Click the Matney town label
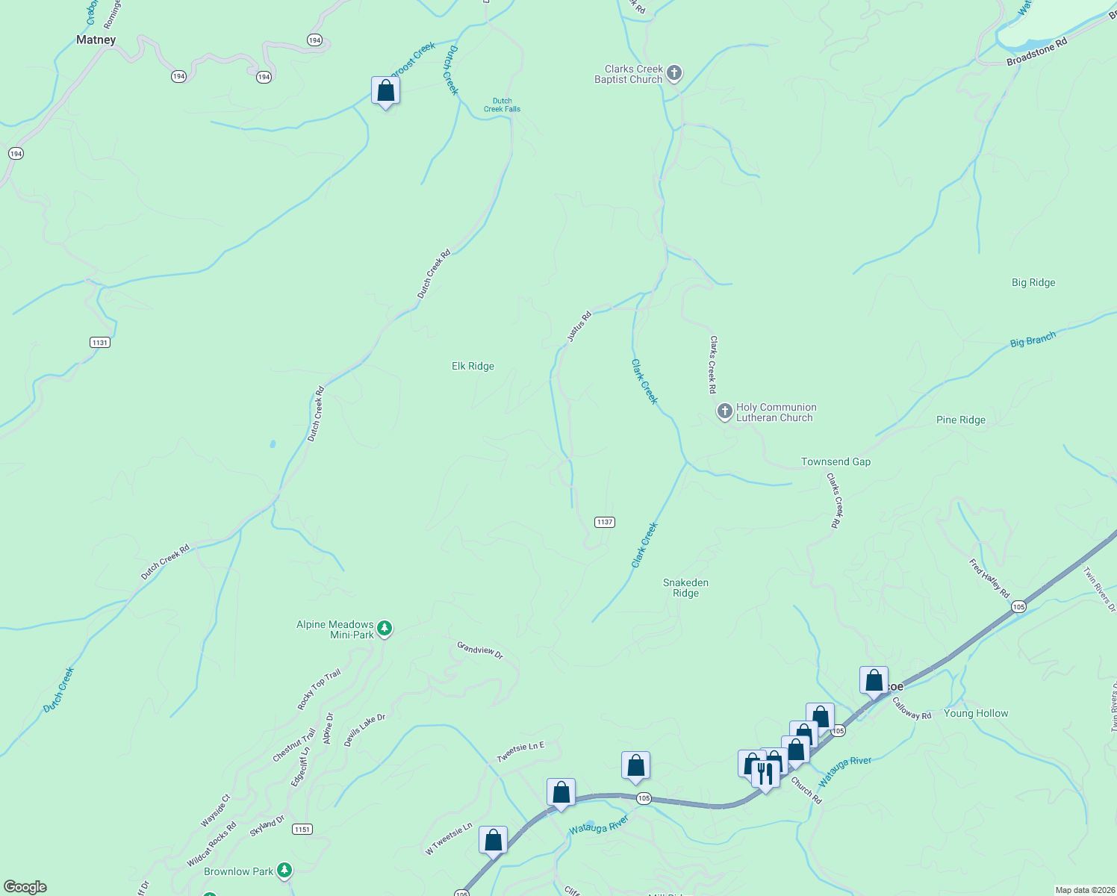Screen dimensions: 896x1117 [x=96, y=40]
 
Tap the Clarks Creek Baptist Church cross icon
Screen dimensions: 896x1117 [x=674, y=73]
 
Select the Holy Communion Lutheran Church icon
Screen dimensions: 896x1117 [x=724, y=411]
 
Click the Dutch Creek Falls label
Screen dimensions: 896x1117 [x=502, y=105]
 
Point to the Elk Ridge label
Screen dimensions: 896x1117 [x=473, y=366]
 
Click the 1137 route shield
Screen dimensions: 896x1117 [x=605, y=522]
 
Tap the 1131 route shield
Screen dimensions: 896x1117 [x=99, y=343]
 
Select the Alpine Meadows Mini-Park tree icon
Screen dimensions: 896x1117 [x=385, y=628]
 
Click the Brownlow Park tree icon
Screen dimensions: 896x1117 [x=284, y=870]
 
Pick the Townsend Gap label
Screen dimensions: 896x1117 [x=836, y=461]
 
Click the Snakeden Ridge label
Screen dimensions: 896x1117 [x=685, y=588]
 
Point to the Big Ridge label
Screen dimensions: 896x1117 [x=1033, y=282]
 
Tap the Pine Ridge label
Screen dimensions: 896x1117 [x=960, y=420]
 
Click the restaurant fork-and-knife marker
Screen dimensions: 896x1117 [x=765, y=774]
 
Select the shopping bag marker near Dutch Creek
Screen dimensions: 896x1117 [x=385, y=90]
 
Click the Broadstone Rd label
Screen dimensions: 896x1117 [x=1036, y=52]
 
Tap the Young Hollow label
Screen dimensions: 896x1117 [x=975, y=713]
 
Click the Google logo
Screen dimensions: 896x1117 [x=25, y=886]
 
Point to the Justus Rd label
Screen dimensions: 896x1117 [x=579, y=326]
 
